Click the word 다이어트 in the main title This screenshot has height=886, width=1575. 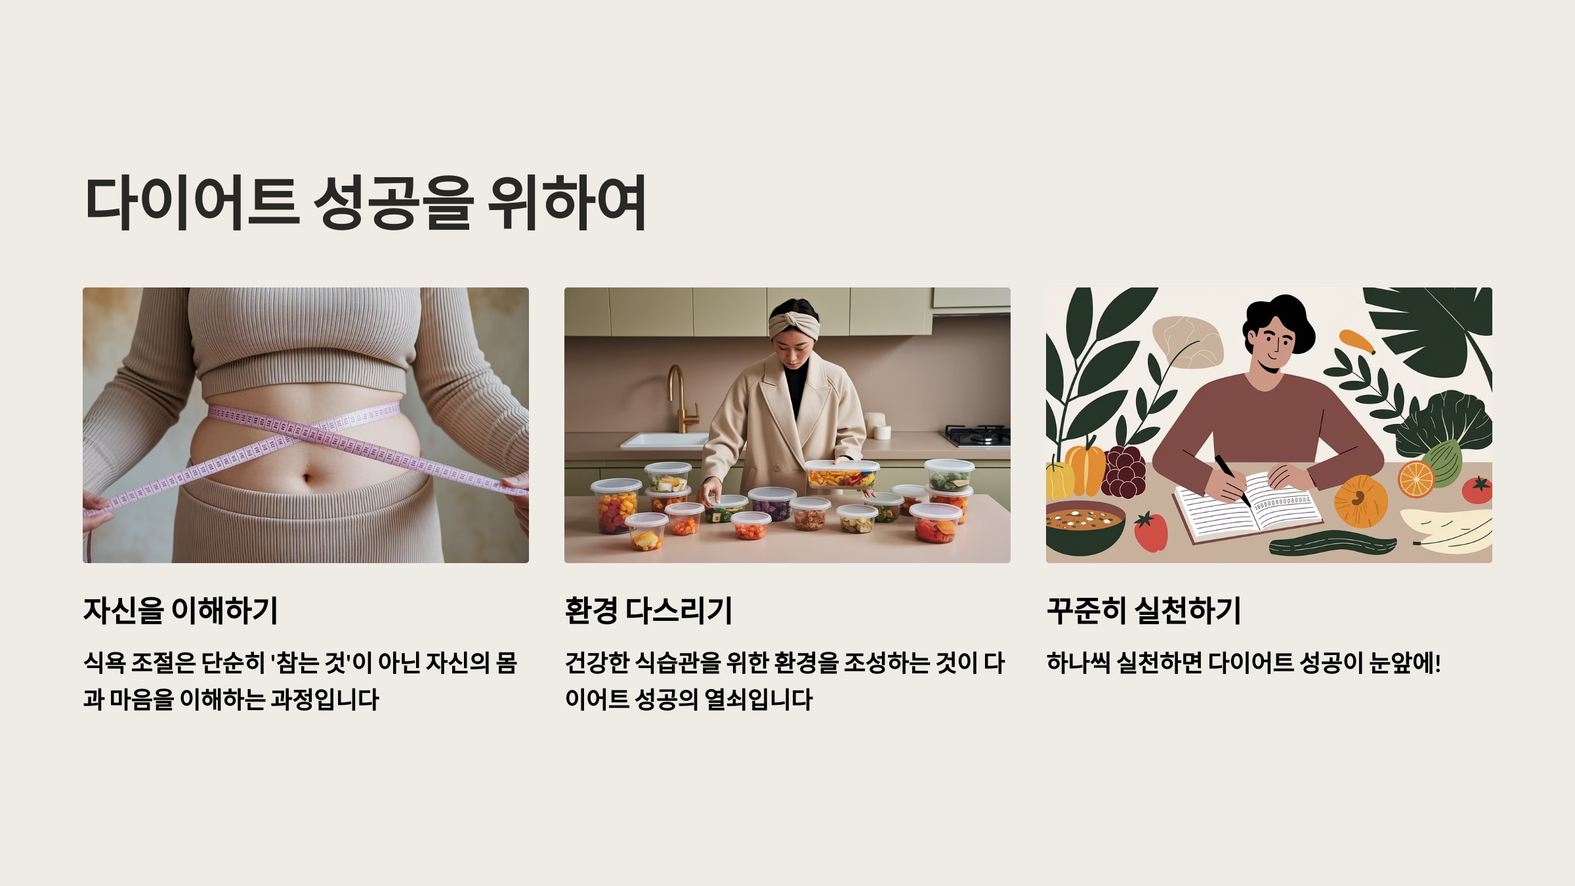click(192, 203)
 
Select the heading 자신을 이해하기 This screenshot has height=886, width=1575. click(180, 610)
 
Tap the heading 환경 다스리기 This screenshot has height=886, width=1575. click(648, 610)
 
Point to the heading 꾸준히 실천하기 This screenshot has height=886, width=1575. click(1144, 610)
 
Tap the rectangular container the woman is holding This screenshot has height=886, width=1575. click(841, 474)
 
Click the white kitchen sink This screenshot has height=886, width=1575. click(664, 440)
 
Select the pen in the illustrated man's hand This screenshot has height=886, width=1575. click(1232, 479)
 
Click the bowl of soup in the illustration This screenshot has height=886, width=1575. click(1084, 525)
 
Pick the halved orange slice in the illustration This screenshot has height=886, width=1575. click(1416, 479)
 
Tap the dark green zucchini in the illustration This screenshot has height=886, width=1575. click(1332, 545)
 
